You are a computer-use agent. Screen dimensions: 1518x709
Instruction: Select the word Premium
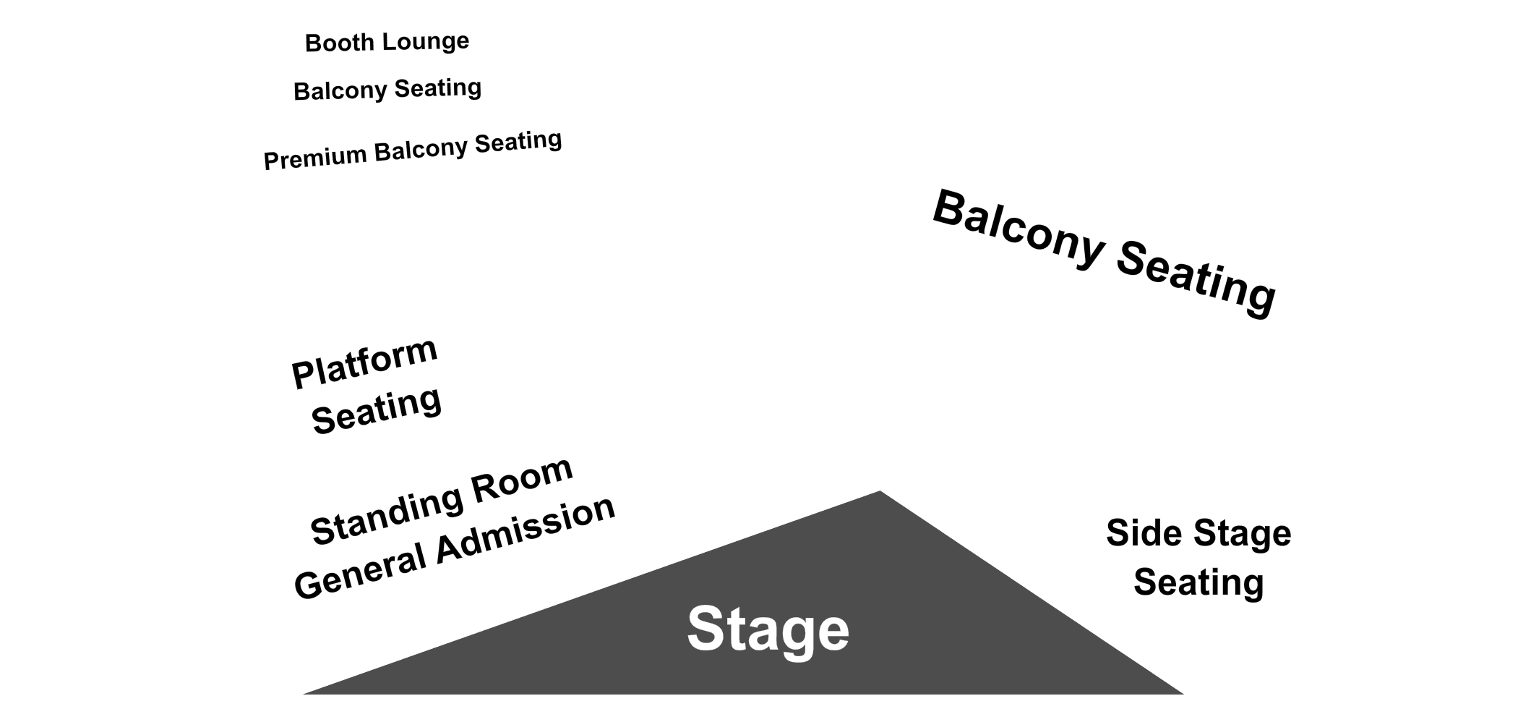(315, 158)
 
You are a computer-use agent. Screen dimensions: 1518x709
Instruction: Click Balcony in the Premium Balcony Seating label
(421, 150)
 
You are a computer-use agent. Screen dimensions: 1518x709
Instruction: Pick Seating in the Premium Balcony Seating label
(518, 140)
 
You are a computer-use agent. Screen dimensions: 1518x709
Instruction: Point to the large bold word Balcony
(1018, 230)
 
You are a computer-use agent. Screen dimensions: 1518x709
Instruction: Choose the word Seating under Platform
(376, 410)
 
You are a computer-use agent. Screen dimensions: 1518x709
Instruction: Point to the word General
(360, 571)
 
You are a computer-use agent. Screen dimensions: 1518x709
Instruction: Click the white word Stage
(768, 629)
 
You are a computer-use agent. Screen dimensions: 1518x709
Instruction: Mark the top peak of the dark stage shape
(880, 491)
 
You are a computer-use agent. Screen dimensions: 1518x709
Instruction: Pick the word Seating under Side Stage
(1198, 583)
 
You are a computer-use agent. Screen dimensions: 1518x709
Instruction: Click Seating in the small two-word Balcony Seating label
(438, 88)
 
